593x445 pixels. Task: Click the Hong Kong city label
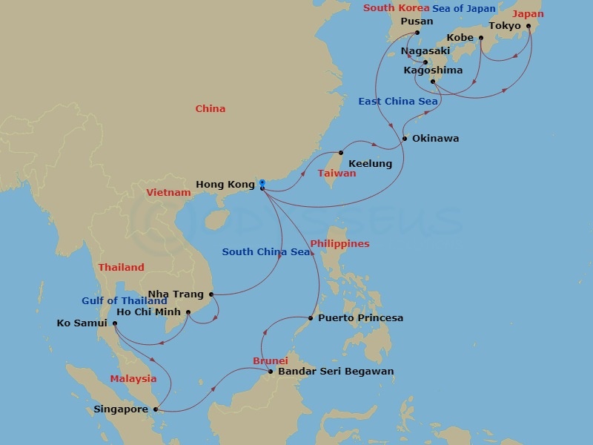coord(225,184)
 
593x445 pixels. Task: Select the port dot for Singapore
coord(156,409)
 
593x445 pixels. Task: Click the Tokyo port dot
coord(529,26)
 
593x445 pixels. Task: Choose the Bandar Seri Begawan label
coord(336,372)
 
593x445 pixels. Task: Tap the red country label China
coord(210,109)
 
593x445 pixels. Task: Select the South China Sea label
coord(265,252)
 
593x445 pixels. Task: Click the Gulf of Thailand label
coord(125,301)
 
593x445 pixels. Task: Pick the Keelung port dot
coord(341,153)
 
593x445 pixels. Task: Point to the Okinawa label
coord(435,139)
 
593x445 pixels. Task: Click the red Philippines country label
coord(339,244)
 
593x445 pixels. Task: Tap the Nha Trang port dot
coord(211,294)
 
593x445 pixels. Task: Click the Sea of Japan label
coord(465,9)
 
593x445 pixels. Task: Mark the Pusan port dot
coord(417,33)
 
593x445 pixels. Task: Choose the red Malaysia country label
coord(133,379)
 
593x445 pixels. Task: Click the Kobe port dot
coord(481,38)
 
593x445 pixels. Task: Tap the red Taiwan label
coord(337,174)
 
